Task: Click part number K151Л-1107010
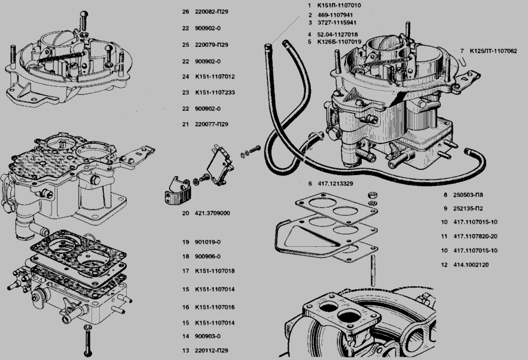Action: pos(339,5)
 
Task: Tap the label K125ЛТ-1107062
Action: pos(493,51)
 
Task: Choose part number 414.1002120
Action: pos(471,264)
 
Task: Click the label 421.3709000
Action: pos(213,213)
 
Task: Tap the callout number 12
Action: pos(444,264)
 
